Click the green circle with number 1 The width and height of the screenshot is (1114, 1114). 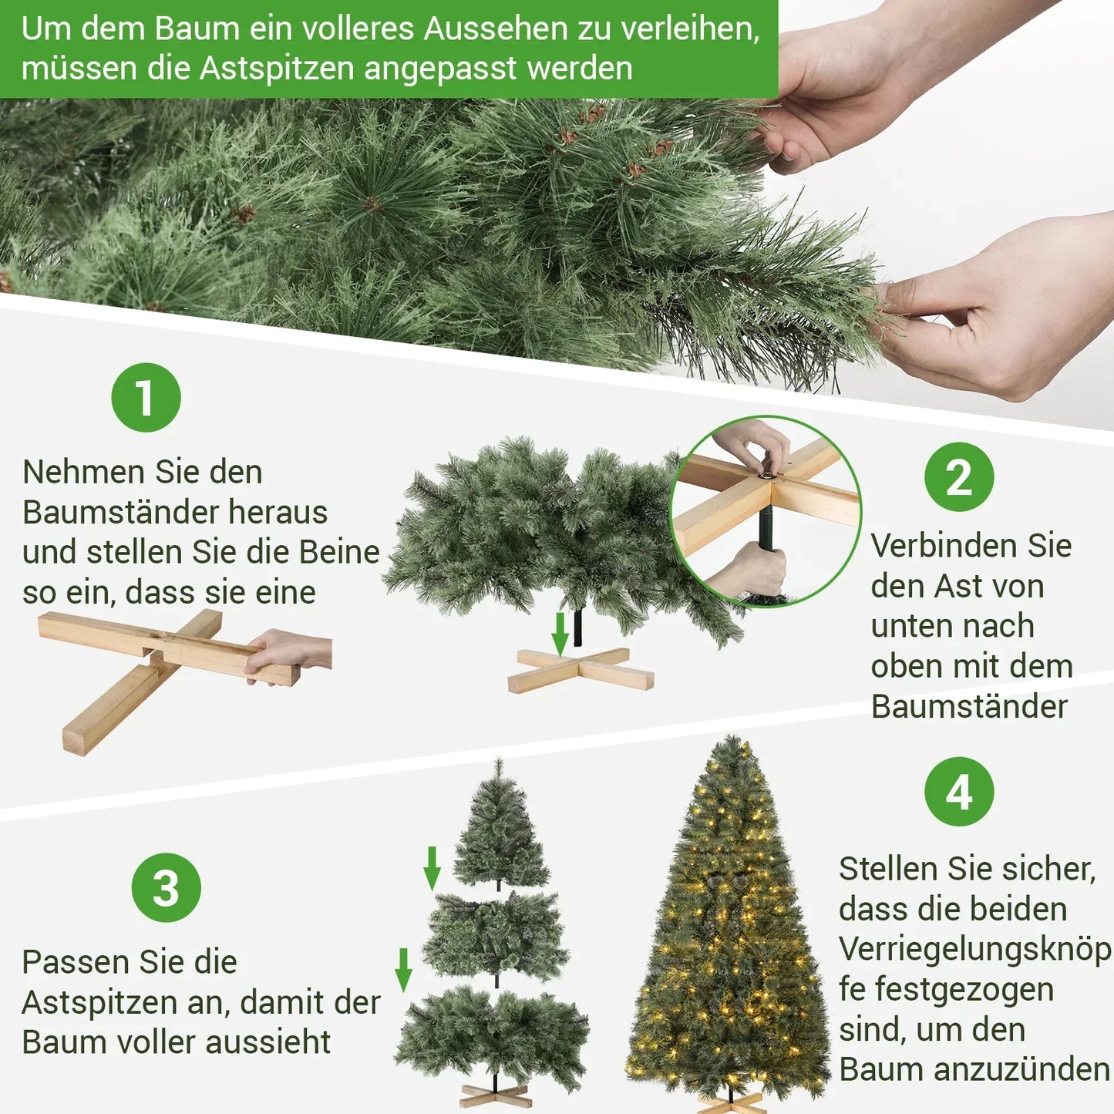[146, 398]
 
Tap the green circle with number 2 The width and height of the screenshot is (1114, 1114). [959, 477]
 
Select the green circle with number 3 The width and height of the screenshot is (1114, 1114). [166, 887]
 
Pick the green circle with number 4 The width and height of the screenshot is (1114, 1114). [959, 792]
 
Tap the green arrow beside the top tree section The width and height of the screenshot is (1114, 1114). [432, 867]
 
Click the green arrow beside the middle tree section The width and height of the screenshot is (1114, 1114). [403, 969]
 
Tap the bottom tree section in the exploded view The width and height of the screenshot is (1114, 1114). [493, 1033]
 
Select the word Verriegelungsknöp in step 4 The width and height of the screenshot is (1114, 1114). [974, 949]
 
